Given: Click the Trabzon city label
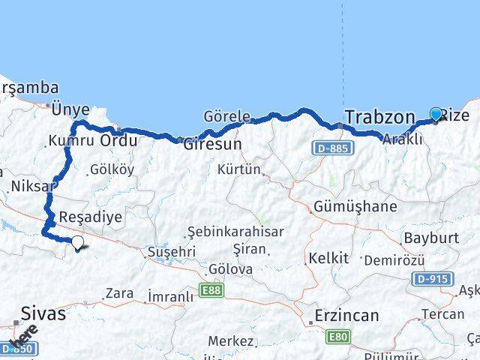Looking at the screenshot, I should pos(379,117).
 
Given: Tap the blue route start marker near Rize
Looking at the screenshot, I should pos(436,115).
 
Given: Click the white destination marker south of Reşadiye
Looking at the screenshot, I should pos(77,242).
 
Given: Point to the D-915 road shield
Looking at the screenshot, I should pos(433,278).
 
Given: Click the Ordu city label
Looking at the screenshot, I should pos(118,140).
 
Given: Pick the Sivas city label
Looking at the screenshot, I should pos(43,313).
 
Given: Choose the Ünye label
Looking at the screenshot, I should pos(70,109).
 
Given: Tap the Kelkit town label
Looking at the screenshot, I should pos(328,258).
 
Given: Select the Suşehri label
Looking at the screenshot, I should pos(172,252).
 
